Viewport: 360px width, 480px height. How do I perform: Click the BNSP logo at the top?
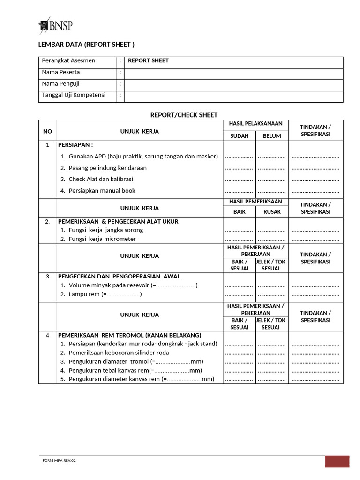56,25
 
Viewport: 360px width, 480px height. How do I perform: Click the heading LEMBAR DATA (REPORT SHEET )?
86,45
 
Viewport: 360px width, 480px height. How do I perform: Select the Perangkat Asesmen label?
68,60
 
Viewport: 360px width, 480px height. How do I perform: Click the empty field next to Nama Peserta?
233,72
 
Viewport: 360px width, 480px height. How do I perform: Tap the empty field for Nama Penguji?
233,84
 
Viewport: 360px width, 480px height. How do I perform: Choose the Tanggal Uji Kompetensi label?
73,95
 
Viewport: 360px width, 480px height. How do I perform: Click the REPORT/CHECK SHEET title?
184,115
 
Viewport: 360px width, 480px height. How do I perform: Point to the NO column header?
47,131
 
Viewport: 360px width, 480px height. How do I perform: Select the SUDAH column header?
239,136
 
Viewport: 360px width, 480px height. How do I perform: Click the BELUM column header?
272,136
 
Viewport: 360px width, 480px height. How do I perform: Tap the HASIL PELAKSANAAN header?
255,124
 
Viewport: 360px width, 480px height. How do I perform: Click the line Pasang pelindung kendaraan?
107,168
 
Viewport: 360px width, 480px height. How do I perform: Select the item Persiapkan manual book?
102,191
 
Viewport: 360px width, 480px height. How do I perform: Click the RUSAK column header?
272,211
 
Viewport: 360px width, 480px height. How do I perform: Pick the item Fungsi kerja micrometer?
102,239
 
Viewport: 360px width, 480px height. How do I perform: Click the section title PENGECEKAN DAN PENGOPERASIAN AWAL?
119,276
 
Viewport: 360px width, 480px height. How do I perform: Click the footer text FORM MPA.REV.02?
59,460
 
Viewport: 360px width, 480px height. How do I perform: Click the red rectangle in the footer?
337,461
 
